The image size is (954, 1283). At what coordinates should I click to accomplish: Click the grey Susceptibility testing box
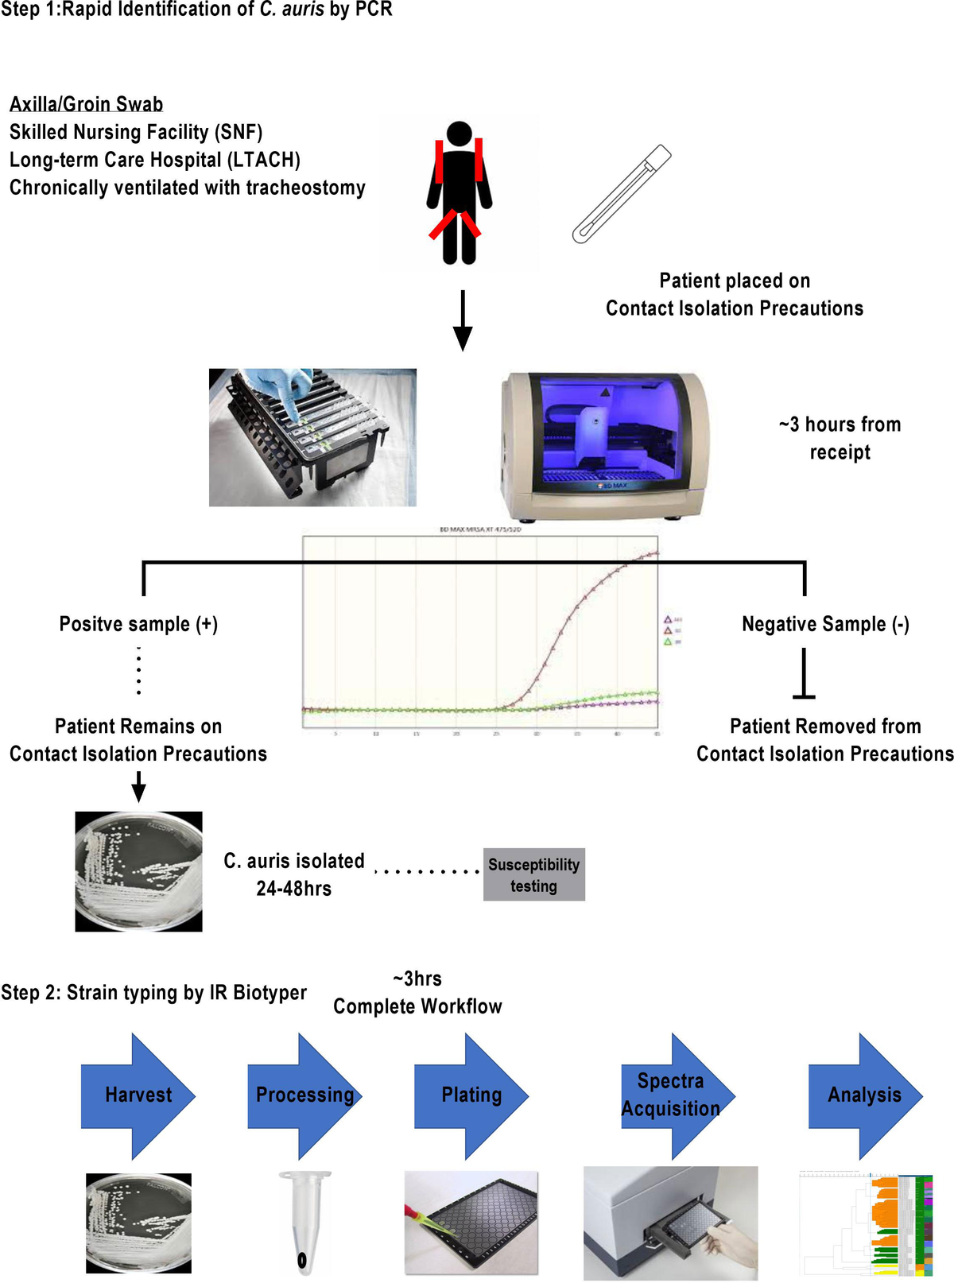[533, 874]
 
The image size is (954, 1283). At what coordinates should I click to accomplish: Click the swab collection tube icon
[621, 195]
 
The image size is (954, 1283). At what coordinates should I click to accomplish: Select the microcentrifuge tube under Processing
[303, 1220]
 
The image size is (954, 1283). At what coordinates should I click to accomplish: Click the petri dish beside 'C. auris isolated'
[138, 871]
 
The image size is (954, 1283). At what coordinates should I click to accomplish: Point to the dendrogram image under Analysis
[866, 1224]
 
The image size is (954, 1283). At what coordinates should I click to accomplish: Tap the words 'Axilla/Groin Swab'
[86, 104]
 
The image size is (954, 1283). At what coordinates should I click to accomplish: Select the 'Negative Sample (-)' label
[825, 624]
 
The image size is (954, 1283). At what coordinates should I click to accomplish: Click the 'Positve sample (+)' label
[138, 624]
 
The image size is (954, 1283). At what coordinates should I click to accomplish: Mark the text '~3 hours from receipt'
[840, 438]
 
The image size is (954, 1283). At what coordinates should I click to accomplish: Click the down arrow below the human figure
[462, 321]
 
